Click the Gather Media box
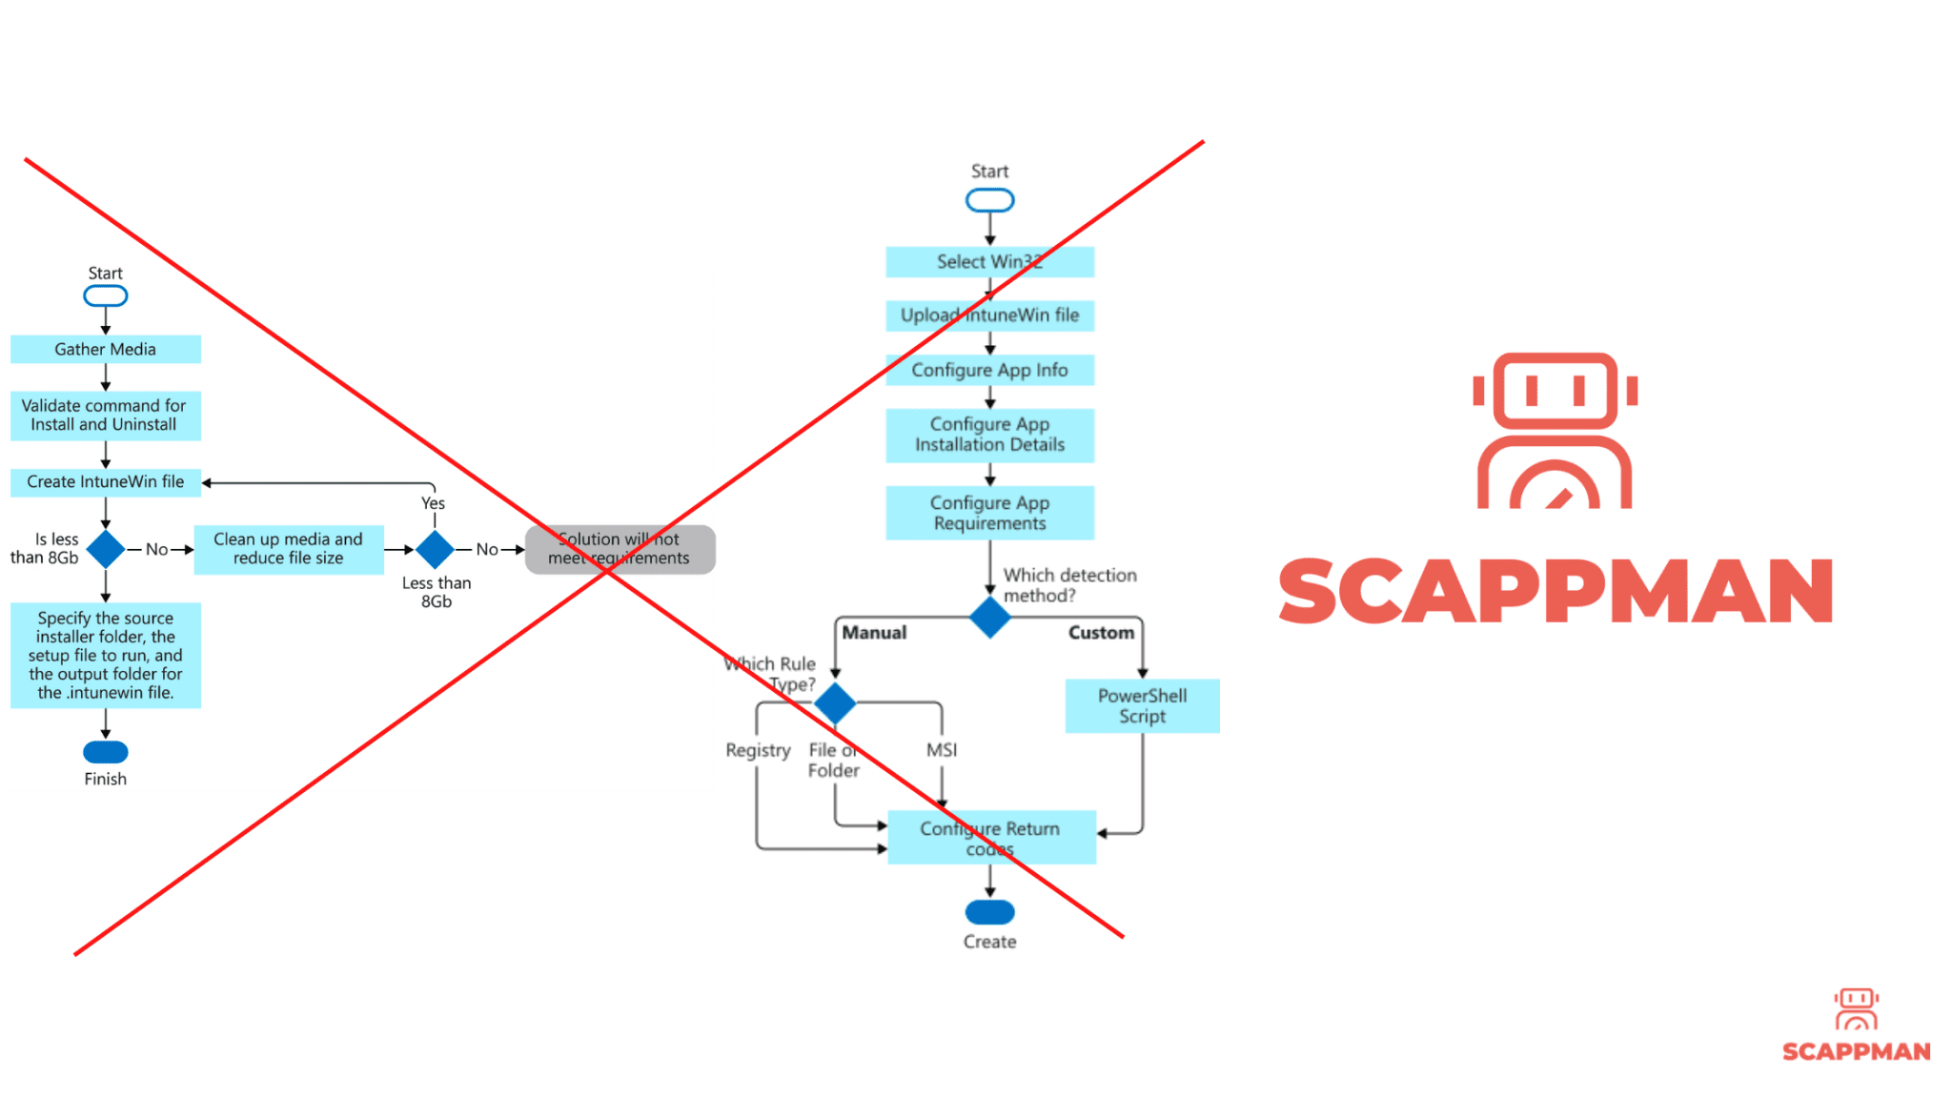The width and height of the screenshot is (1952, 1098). tap(105, 349)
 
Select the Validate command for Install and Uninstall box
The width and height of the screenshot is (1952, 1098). tap(105, 416)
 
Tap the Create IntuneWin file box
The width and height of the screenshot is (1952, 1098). tap(105, 482)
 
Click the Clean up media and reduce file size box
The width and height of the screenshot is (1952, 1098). tap(288, 549)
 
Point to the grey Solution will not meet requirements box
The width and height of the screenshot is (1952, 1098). tap(620, 549)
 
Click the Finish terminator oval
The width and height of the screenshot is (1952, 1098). tap(105, 752)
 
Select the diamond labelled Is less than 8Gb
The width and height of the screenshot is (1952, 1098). tap(105, 549)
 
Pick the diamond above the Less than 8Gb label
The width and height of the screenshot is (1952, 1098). tap(435, 549)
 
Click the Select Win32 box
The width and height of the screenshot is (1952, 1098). tap(989, 262)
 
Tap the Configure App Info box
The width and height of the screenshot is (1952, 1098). tap(989, 370)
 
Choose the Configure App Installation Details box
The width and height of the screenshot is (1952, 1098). tap(989, 435)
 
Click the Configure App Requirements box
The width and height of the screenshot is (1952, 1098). tap(989, 513)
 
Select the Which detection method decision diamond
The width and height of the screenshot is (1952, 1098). tap(989, 618)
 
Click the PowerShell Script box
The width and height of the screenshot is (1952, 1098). tap(1142, 706)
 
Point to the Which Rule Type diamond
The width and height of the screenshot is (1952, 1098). tap(835, 703)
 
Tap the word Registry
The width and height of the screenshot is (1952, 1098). tap(758, 750)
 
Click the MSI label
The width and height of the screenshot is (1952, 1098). tap(942, 750)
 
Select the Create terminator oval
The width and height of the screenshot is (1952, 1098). tap(989, 912)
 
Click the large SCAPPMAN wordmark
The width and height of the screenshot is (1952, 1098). tap(1555, 591)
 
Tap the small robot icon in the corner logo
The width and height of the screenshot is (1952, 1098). tap(1856, 1008)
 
